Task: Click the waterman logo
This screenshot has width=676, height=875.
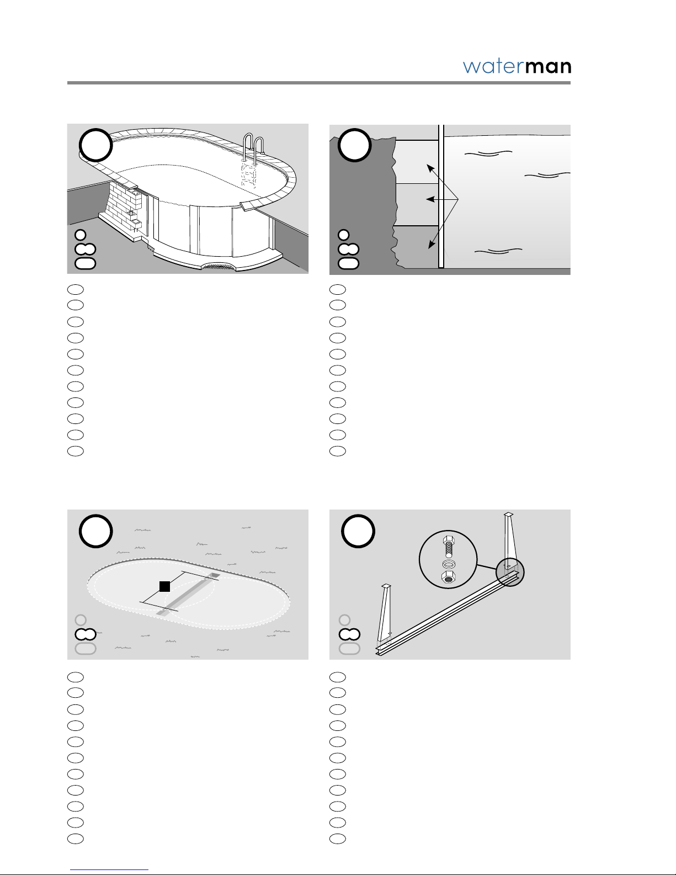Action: [517, 66]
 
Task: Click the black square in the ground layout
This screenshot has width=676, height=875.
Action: [164, 586]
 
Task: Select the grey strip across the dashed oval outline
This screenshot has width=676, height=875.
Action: [188, 594]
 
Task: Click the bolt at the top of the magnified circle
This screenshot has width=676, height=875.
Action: [448, 547]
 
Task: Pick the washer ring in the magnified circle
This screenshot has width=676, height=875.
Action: [448, 564]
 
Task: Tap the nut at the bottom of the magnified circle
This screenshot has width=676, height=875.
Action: [448, 577]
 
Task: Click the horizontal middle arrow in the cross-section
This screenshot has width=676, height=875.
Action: [442, 199]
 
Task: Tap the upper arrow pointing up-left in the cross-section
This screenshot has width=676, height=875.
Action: [443, 182]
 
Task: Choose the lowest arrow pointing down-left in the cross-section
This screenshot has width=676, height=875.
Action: [444, 224]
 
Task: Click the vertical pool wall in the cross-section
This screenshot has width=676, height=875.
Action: [441, 196]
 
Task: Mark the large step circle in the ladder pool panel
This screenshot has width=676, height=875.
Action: [96, 145]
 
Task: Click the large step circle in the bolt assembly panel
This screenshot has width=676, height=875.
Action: [358, 531]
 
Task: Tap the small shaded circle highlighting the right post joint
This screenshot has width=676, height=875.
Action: [510, 572]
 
